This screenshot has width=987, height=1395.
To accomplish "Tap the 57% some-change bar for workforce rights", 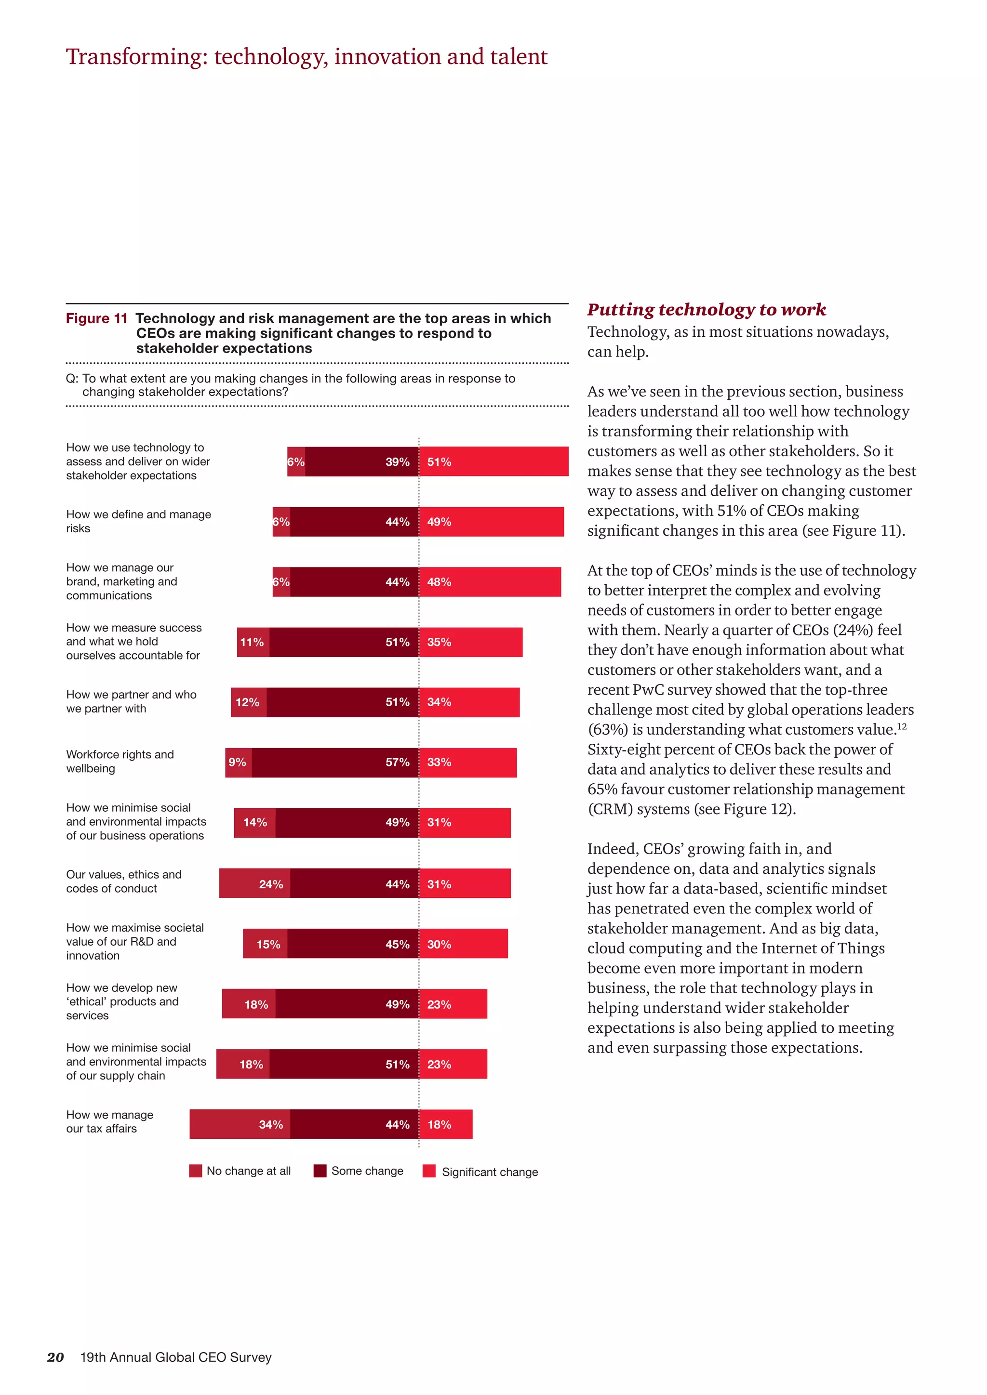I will point(335,762).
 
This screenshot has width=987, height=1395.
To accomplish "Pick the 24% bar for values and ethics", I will point(254,883).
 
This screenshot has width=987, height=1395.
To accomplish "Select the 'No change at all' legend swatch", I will point(195,1171).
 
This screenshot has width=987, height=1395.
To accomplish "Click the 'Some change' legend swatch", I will point(320,1171).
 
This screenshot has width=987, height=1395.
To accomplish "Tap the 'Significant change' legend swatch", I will point(429,1171).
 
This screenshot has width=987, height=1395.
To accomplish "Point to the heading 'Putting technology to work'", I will point(706,309).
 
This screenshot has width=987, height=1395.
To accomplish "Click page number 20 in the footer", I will point(55,1357).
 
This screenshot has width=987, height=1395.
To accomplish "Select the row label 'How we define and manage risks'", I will point(139,521).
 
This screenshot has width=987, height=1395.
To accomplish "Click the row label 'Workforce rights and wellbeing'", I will point(120,761).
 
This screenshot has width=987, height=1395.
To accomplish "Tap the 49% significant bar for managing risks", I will point(491,521).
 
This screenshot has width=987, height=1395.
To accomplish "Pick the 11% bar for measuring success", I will point(253,642).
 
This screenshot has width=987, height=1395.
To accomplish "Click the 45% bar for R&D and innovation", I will point(352,944).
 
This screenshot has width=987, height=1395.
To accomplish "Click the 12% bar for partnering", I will point(248,702).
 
